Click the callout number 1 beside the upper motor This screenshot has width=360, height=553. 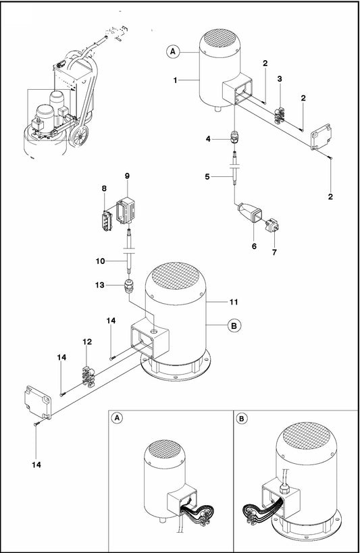175,80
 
